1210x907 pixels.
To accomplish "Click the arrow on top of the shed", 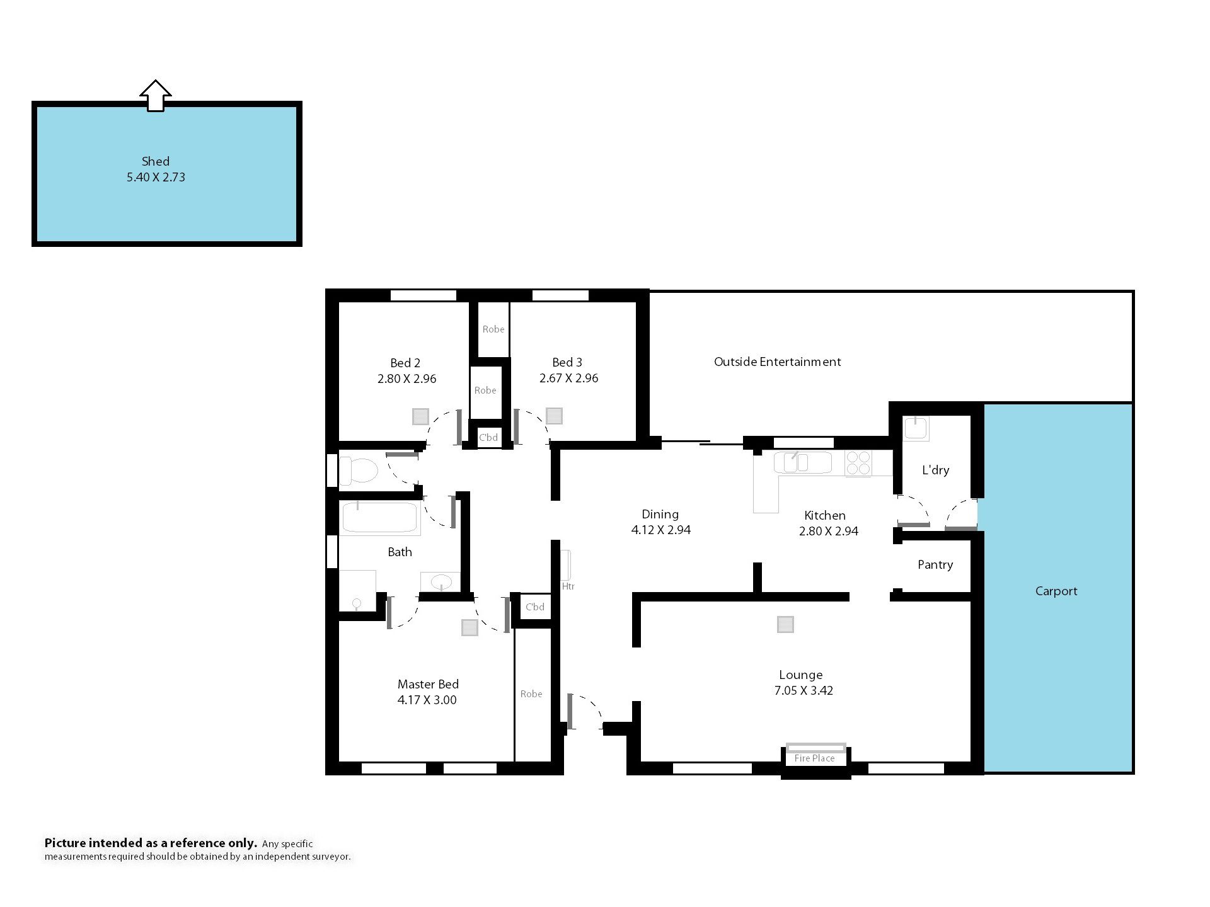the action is [x=155, y=96].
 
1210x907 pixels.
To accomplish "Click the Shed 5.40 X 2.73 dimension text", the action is [x=156, y=177].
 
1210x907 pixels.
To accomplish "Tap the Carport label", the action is [x=1056, y=591].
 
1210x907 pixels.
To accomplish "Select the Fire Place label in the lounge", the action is [x=814, y=758].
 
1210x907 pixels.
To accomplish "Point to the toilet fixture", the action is [x=358, y=470].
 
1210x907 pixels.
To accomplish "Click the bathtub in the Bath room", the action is [x=379, y=518].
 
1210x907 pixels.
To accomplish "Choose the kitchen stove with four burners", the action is [x=858, y=463].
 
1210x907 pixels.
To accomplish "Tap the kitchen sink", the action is [x=803, y=462].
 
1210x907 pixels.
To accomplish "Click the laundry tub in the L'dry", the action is [x=915, y=428].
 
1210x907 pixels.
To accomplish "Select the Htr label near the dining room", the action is [x=568, y=586].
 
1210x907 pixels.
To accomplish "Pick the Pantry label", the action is [x=935, y=565].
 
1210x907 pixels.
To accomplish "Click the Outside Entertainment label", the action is [x=777, y=362].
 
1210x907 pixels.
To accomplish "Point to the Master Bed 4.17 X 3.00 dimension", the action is [x=427, y=700].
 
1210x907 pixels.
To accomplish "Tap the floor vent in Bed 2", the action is [x=420, y=416].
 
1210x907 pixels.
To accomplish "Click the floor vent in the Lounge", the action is [x=785, y=624].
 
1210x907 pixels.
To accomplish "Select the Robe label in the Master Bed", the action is [x=531, y=694].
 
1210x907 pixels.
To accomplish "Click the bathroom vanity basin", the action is [x=441, y=582].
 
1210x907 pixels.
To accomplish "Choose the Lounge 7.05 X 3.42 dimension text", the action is [x=804, y=690].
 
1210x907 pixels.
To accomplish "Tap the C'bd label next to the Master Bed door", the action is [x=535, y=607].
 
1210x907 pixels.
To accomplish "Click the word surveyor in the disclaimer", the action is [x=330, y=857].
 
